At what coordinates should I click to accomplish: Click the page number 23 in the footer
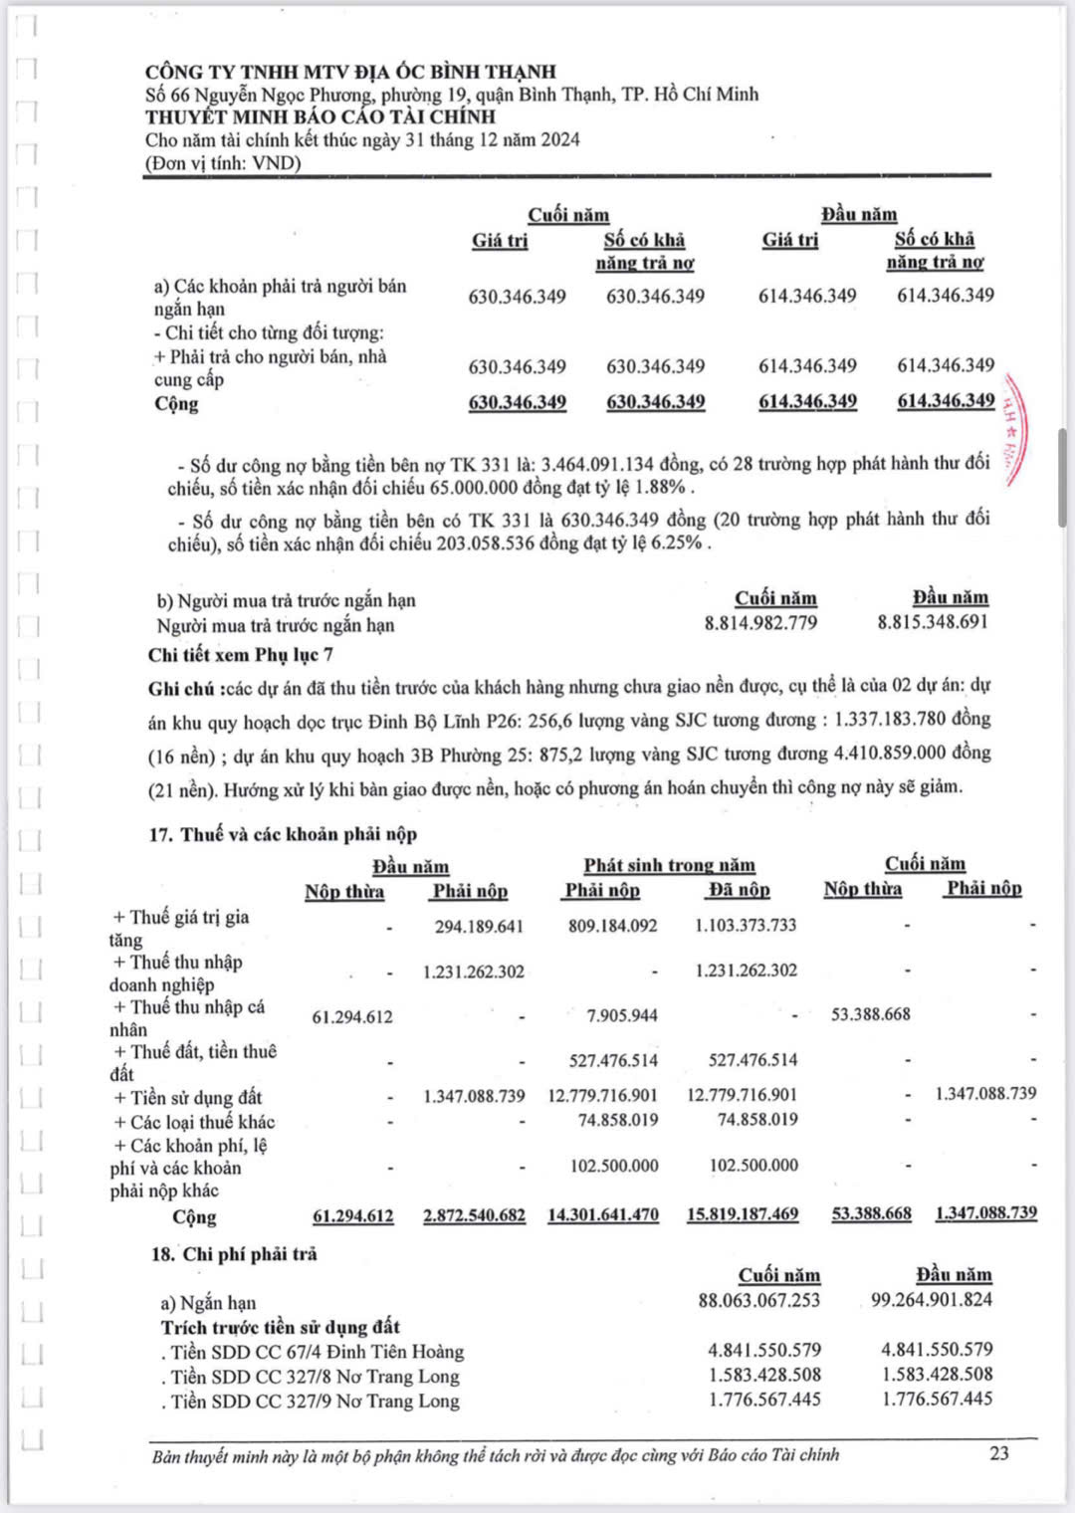(x=999, y=1452)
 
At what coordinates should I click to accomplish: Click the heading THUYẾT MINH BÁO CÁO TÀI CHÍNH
(x=321, y=116)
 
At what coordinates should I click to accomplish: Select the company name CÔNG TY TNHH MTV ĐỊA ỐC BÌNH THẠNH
(x=350, y=72)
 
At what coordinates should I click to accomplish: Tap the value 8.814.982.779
(x=760, y=623)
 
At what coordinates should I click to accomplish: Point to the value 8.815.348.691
(x=933, y=622)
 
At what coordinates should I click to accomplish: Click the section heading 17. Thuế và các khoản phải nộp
(x=283, y=834)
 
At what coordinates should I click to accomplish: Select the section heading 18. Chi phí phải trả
(x=234, y=1254)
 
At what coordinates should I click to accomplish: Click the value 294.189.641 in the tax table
(x=478, y=927)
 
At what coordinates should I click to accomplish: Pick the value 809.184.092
(x=612, y=926)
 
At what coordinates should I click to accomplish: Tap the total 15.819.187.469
(x=743, y=1214)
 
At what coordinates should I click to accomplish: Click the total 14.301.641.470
(x=603, y=1214)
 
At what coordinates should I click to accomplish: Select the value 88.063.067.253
(x=759, y=1300)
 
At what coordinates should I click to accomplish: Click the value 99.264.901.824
(x=931, y=1299)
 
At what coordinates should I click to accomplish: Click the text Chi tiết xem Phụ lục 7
(x=241, y=654)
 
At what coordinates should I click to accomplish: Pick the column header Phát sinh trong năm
(x=669, y=865)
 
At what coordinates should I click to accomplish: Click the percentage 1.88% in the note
(x=662, y=488)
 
